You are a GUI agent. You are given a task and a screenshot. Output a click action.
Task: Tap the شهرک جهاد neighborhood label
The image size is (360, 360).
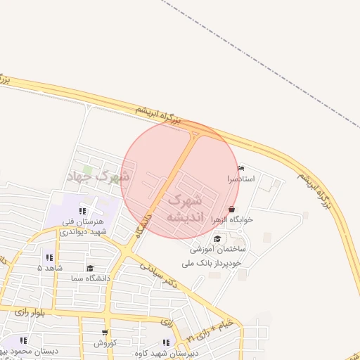(99, 176)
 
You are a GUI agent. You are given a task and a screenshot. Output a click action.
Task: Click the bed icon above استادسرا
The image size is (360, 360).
(242, 169)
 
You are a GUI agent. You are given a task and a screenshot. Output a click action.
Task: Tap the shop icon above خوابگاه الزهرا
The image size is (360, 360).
(233, 209)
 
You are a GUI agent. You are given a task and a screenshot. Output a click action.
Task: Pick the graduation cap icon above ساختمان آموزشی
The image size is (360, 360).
(217, 238)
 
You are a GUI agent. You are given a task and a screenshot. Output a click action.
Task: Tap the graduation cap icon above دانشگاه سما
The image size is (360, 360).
(90, 268)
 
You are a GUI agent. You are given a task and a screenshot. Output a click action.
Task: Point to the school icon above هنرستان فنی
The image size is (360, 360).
(82, 210)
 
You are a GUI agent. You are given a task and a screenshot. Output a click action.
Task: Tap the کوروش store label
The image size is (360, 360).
(105, 343)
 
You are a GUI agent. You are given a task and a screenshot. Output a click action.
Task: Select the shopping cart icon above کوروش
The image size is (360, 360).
(105, 333)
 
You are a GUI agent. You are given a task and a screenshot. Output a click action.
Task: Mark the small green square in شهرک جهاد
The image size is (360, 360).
(88, 169)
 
